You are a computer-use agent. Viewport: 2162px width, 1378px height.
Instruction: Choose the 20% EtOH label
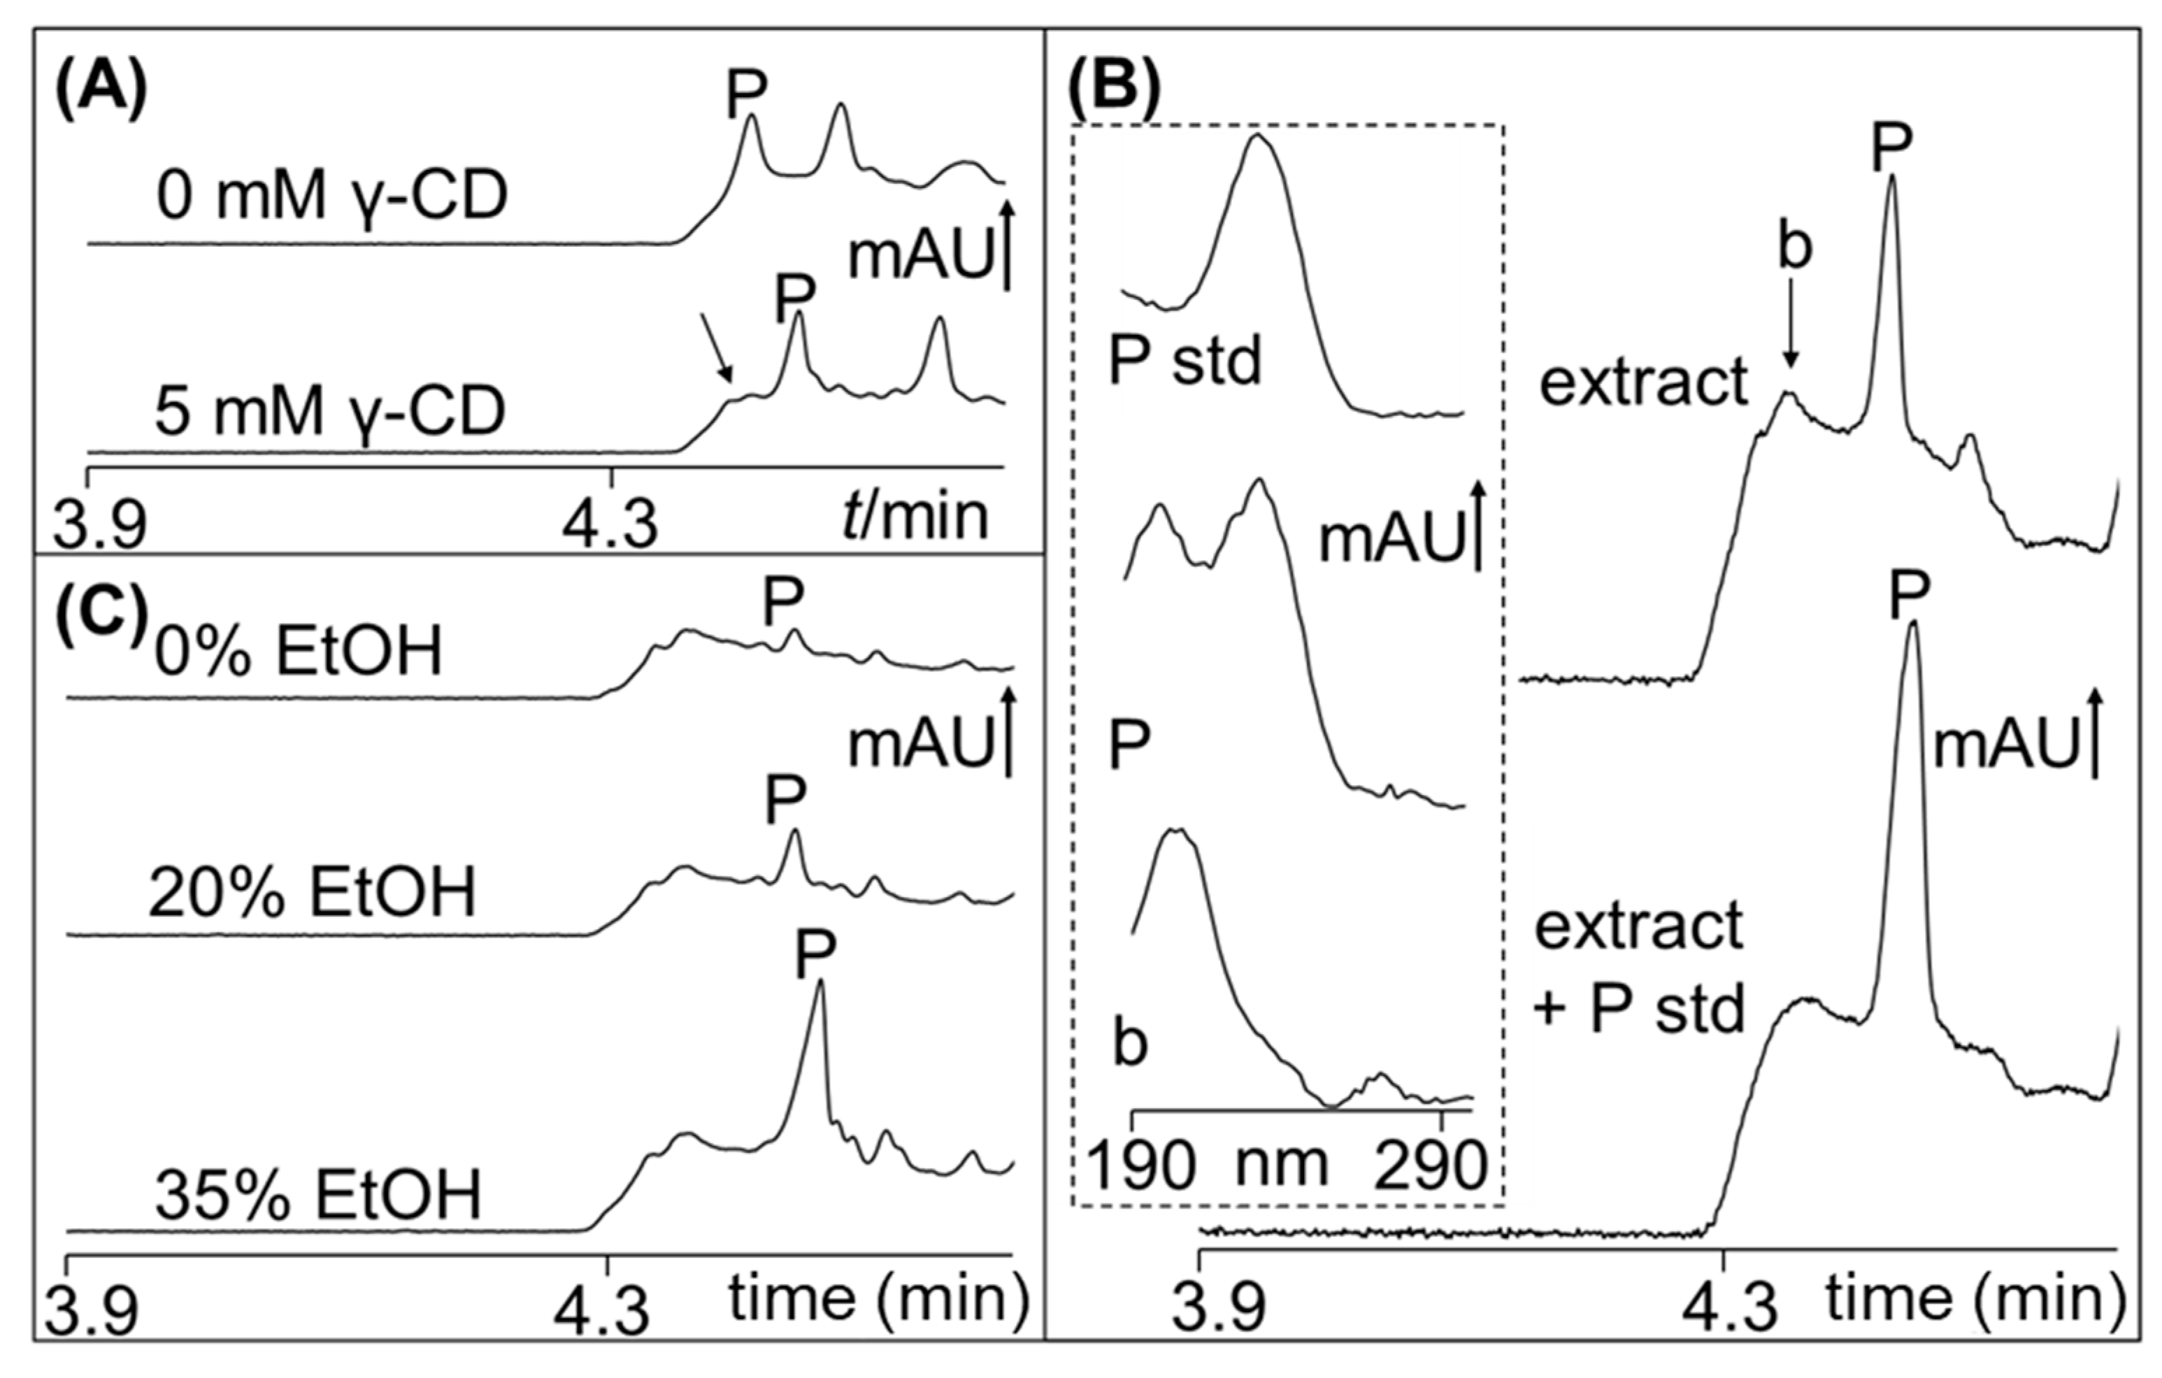click(312, 893)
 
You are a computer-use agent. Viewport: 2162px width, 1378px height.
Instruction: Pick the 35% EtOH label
click(319, 1195)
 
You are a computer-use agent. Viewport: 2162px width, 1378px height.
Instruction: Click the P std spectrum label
click(1185, 361)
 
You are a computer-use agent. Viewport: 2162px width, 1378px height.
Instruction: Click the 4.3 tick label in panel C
click(601, 1312)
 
